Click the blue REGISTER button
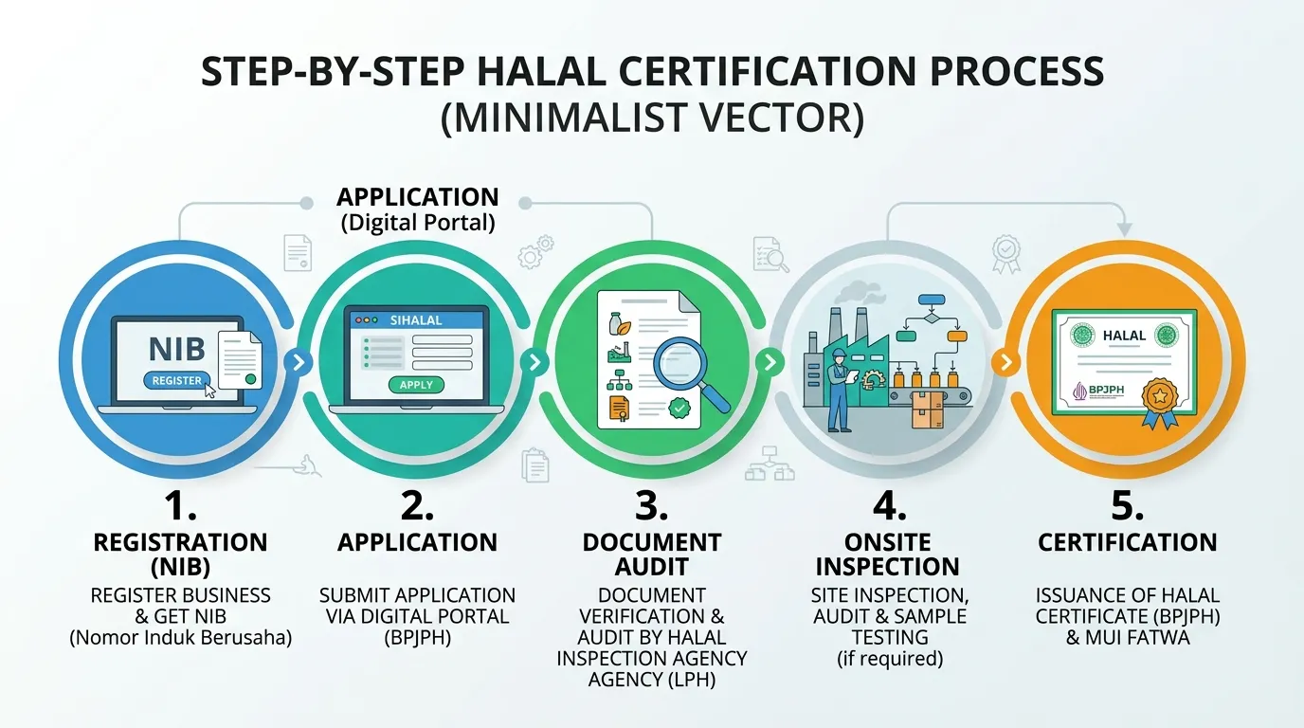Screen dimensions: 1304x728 click(x=177, y=380)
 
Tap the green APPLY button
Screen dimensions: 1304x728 click(x=416, y=385)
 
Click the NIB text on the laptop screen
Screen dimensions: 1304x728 click(x=176, y=349)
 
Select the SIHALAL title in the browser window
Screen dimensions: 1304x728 click(x=416, y=320)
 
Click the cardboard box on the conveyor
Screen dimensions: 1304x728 click(x=927, y=409)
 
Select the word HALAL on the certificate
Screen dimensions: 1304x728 click(x=1124, y=336)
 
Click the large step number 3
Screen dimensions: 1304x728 click(x=651, y=505)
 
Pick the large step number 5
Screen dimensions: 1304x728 click(x=1127, y=505)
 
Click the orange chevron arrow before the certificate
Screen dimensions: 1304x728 click(x=1005, y=362)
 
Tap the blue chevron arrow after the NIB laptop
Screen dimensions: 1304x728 click(x=299, y=362)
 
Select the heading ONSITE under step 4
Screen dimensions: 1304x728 click(x=887, y=542)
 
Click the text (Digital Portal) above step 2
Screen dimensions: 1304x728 click(x=418, y=223)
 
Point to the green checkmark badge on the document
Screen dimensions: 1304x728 click(x=679, y=408)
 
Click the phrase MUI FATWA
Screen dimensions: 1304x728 click(x=1137, y=637)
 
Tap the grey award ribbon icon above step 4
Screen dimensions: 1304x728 click(x=1005, y=254)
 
